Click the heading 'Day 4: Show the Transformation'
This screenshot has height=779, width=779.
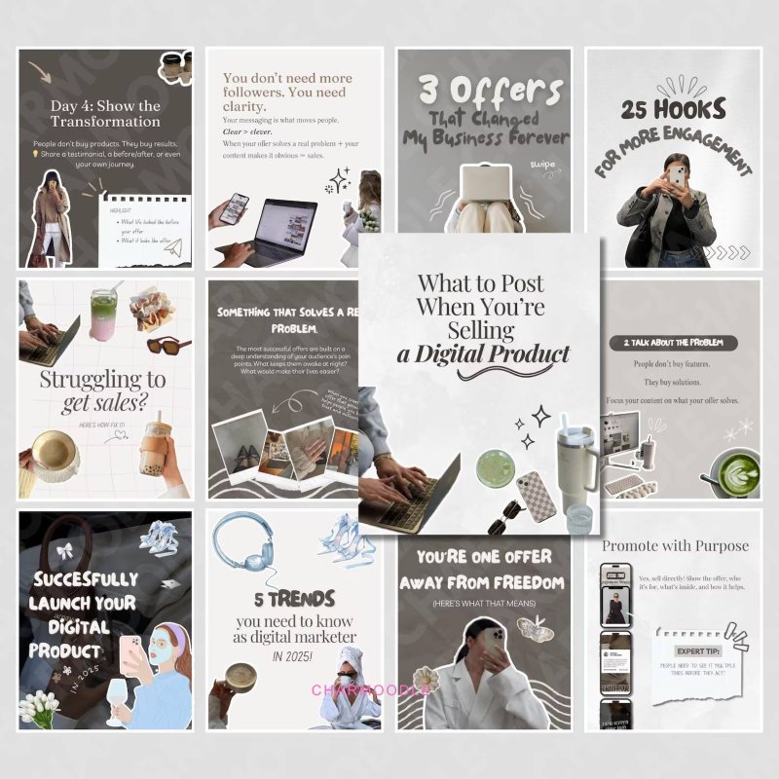point(105,113)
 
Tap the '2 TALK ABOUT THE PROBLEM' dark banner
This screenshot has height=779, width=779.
point(672,343)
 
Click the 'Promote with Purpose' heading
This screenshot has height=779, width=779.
point(675,545)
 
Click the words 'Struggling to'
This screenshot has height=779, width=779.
point(102,379)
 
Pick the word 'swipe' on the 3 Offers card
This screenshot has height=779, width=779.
point(542,165)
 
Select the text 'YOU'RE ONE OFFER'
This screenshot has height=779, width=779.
point(482,558)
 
